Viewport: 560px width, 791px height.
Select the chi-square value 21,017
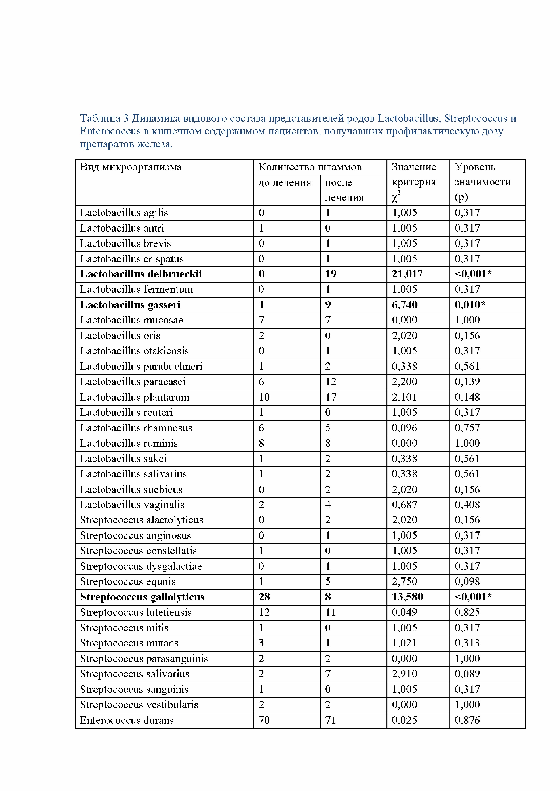pos(407,274)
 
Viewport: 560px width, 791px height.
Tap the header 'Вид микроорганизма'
pos(131,167)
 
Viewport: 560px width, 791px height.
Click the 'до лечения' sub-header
pos(285,183)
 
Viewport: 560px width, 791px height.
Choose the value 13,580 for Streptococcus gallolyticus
pos(407,597)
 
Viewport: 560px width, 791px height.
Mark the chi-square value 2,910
pos(404,674)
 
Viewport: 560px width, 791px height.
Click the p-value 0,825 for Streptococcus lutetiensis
pos(467,613)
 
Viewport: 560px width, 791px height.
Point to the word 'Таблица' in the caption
pos(100,118)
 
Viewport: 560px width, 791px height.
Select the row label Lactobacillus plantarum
pos(135,397)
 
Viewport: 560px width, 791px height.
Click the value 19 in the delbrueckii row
pos(330,274)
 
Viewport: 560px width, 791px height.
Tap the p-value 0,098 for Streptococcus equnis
pos(467,581)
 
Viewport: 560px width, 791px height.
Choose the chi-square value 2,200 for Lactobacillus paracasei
pos(404,382)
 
